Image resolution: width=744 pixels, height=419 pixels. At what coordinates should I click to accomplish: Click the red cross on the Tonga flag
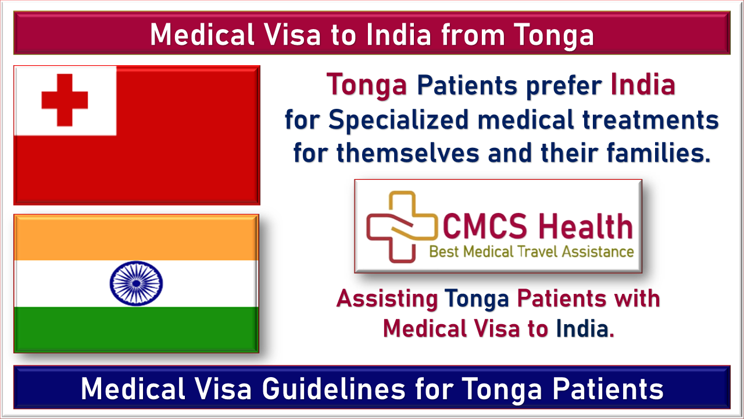coord(65,100)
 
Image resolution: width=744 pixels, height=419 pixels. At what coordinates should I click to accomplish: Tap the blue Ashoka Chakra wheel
coord(136,283)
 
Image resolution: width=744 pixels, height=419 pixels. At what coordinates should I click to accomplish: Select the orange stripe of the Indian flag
coord(136,239)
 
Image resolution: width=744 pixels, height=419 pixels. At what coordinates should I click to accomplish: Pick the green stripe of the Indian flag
coord(136,329)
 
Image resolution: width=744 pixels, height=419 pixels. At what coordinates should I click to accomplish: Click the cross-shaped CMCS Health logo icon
coord(401,227)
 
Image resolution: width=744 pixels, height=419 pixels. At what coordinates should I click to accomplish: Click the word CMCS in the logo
coord(485,226)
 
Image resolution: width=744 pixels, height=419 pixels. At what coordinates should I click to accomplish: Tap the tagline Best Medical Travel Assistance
coord(531,252)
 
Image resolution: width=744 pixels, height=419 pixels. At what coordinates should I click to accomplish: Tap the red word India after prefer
coord(643,84)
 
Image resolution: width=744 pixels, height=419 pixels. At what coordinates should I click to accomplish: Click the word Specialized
coord(398,120)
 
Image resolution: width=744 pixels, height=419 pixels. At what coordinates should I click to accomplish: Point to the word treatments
coord(650,120)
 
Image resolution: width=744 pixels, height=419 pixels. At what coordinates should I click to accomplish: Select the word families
coord(659,152)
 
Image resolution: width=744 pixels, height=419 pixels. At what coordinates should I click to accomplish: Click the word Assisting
coord(387,299)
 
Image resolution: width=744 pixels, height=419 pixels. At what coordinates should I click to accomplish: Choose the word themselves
coord(408,152)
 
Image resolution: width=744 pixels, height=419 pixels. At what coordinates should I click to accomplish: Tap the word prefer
coord(564,87)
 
